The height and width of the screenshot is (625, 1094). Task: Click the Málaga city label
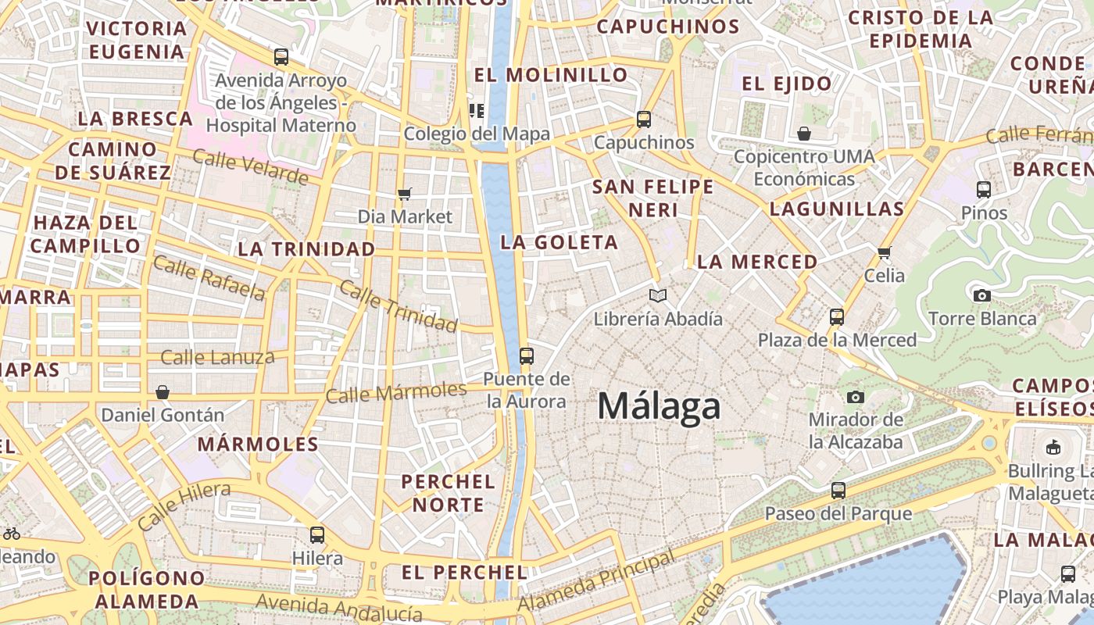click(659, 406)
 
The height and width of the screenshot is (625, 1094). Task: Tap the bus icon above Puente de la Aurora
click(527, 356)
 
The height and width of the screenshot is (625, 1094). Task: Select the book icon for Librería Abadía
click(658, 295)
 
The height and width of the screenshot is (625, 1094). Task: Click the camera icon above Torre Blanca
click(982, 295)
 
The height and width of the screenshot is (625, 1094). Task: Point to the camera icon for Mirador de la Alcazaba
click(856, 397)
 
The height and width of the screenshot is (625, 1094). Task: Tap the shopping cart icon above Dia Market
click(404, 194)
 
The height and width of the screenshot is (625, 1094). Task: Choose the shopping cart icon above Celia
click(884, 252)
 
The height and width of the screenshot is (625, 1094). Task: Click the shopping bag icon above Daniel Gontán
click(163, 391)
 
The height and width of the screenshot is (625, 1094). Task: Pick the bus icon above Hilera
click(316, 535)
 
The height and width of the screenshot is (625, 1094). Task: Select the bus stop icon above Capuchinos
click(643, 120)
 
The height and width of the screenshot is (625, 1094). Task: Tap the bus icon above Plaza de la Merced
click(837, 317)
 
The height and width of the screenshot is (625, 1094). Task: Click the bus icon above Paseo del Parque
click(838, 491)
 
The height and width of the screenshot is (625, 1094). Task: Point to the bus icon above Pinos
click(984, 189)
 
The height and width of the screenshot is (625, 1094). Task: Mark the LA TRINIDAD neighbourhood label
click(306, 249)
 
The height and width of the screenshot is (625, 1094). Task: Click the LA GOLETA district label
click(560, 242)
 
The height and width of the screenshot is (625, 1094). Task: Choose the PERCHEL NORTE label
click(449, 493)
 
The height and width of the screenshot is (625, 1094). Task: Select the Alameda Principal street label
click(596, 581)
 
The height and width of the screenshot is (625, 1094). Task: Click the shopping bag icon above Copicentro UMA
click(803, 134)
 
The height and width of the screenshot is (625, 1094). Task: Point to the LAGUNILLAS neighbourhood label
click(837, 209)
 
